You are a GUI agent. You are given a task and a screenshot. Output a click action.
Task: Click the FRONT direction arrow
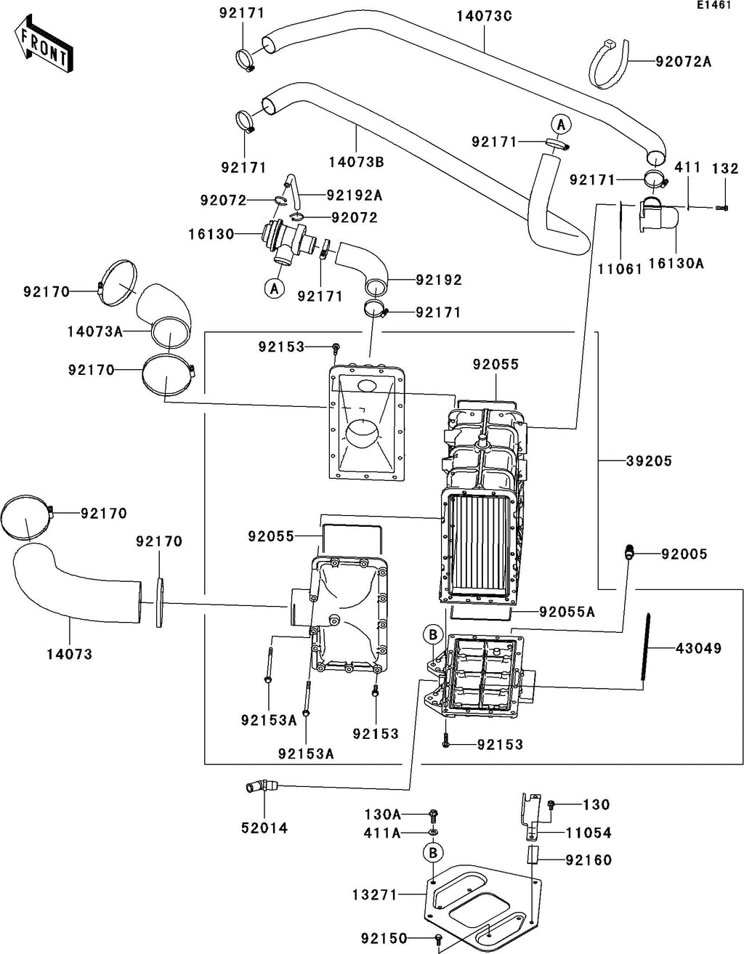[43, 44]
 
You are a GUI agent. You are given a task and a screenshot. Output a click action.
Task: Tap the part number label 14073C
[484, 16]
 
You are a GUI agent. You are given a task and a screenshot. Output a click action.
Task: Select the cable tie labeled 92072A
[609, 64]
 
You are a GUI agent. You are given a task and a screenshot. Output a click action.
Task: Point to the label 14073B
[356, 162]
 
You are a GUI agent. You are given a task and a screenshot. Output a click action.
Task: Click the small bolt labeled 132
[721, 207]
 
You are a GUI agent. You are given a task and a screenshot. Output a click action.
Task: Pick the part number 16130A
[676, 264]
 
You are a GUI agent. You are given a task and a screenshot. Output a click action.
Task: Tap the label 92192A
[355, 195]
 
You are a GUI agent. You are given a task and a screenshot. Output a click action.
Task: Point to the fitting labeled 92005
[629, 553]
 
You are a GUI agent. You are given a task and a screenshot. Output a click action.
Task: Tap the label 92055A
[567, 612]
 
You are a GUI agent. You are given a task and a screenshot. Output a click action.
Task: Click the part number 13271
[374, 894]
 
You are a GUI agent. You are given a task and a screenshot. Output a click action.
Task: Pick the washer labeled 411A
[433, 832]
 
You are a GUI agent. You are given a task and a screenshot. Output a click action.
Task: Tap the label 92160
[589, 860]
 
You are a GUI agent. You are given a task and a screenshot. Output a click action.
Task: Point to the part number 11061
[620, 269]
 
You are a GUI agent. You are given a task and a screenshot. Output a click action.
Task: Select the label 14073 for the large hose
[70, 654]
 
